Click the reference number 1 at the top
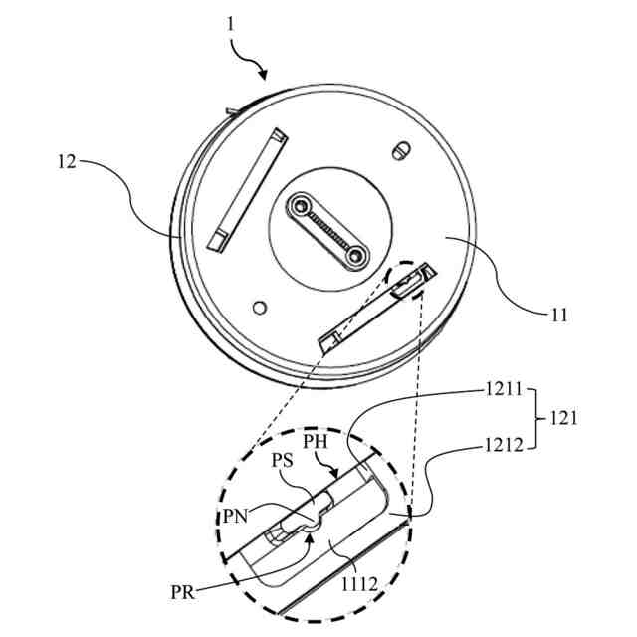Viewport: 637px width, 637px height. pyautogui.click(x=230, y=23)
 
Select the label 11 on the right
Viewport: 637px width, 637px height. pyautogui.click(x=559, y=316)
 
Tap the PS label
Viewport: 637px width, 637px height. pyautogui.click(x=284, y=462)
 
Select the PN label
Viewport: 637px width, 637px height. pyautogui.click(x=237, y=515)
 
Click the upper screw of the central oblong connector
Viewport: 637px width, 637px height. pyautogui.click(x=299, y=208)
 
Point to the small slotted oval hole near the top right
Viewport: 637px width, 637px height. pyautogui.click(x=401, y=151)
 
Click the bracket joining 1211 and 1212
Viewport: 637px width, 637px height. pyautogui.click(x=531, y=419)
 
